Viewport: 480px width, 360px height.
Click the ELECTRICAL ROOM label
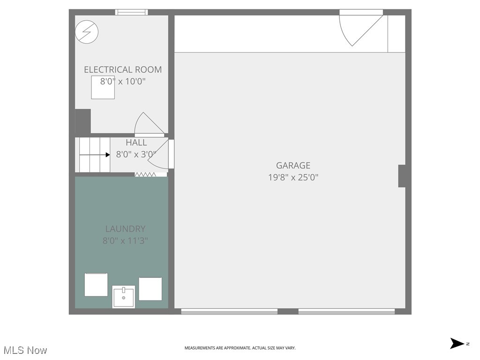(123, 69)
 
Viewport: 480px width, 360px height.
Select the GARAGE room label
(293, 165)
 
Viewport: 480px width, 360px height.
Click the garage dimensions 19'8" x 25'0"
(293, 177)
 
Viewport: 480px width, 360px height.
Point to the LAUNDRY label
(125, 229)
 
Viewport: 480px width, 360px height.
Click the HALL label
(136, 142)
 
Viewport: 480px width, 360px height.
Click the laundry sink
(124, 297)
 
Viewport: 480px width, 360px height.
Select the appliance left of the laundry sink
(96, 285)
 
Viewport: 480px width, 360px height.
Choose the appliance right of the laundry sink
(150, 289)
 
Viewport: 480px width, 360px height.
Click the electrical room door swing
(147, 124)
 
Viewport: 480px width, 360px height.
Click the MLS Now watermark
(25, 350)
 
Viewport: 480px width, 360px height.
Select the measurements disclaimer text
(240, 348)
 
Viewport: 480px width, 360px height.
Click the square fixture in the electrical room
(103, 88)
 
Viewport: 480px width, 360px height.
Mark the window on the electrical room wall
(132, 12)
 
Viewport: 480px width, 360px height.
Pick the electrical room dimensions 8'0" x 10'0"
(123, 81)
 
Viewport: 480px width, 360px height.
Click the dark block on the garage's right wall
(402, 176)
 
